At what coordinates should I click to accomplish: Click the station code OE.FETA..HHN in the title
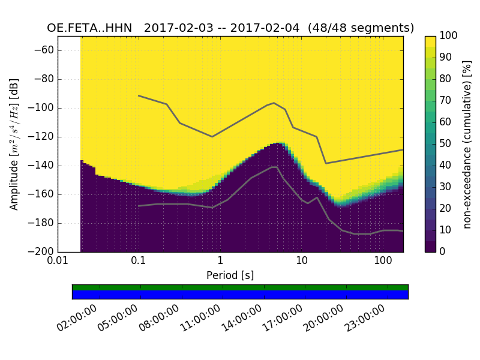(x=89, y=28)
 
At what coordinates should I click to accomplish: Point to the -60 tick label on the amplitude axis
(x=44, y=50)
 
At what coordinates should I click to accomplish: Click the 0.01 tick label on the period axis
(x=58, y=262)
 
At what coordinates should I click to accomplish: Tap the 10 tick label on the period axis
(x=302, y=262)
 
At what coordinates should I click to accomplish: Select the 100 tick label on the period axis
(x=383, y=262)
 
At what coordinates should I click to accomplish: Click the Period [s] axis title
(x=230, y=275)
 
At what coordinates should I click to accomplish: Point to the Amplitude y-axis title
(x=14, y=144)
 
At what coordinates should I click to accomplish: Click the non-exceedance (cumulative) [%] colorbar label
(x=469, y=144)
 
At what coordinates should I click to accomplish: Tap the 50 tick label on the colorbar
(x=448, y=144)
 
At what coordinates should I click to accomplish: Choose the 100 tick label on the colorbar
(x=449, y=36)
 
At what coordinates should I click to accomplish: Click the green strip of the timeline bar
(x=240, y=287)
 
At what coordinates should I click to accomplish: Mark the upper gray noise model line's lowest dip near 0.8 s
(x=212, y=137)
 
